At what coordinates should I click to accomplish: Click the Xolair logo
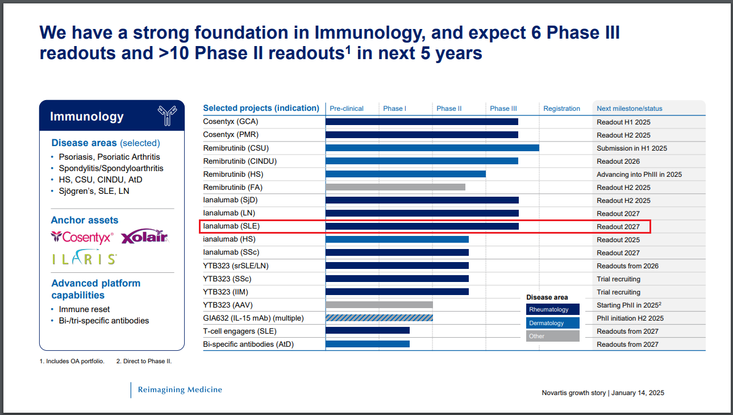(145, 236)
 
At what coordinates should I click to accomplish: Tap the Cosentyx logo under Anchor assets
(82, 237)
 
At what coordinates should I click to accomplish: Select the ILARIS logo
(84, 259)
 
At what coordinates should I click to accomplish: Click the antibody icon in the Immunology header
(166, 115)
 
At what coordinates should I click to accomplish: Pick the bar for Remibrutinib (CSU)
(432, 148)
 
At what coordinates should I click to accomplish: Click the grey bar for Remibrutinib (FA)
(395, 187)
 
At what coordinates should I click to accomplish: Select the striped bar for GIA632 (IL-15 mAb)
(379, 318)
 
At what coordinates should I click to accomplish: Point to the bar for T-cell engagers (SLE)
(367, 331)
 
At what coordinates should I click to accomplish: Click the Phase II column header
(449, 109)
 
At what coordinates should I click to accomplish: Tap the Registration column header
(561, 109)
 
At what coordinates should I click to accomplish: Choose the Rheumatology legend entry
(552, 309)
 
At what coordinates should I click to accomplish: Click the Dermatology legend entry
(552, 323)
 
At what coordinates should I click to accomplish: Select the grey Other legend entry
(552, 336)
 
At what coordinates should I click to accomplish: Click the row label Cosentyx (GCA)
(231, 122)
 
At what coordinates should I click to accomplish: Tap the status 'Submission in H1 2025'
(632, 148)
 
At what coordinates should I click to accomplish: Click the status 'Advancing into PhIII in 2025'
(639, 175)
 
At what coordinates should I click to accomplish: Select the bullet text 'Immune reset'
(84, 309)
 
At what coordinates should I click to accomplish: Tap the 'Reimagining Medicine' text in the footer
(180, 389)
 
